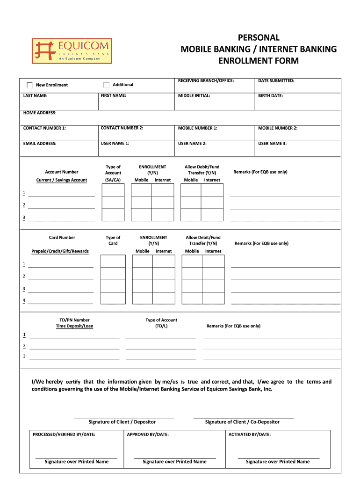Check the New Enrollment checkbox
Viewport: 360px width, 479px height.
click(x=30, y=85)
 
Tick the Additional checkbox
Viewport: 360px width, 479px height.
click(x=107, y=85)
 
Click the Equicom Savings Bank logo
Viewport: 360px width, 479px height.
click(x=72, y=51)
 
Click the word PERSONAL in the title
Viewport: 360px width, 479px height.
click(x=259, y=37)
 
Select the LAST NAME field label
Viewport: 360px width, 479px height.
click(x=35, y=95)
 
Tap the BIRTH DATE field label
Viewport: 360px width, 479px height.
click(x=270, y=95)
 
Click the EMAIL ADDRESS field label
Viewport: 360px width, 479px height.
click(x=40, y=144)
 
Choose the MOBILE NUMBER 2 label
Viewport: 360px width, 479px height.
click(x=278, y=128)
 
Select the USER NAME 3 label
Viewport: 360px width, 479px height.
click(x=272, y=144)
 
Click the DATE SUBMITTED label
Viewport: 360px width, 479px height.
click(x=276, y=80)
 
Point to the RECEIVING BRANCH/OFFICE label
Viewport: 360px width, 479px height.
click(x=206, y=80)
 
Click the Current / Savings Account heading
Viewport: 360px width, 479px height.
click(x=62, y=180)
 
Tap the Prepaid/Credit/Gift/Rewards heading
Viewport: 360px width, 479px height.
click(x=60, y=251)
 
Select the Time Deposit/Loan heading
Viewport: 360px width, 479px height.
click(x=74, y=326)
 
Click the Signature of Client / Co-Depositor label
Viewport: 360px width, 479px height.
click(x=242, y=422)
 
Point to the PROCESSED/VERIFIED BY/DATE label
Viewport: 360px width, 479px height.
click(x=64, y=435)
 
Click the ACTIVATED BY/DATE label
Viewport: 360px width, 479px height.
click(x=249, y=435)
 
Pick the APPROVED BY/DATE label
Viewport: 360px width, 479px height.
click(x=148, y=435)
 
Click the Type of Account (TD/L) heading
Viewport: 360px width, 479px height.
click(x=161, y=323)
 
